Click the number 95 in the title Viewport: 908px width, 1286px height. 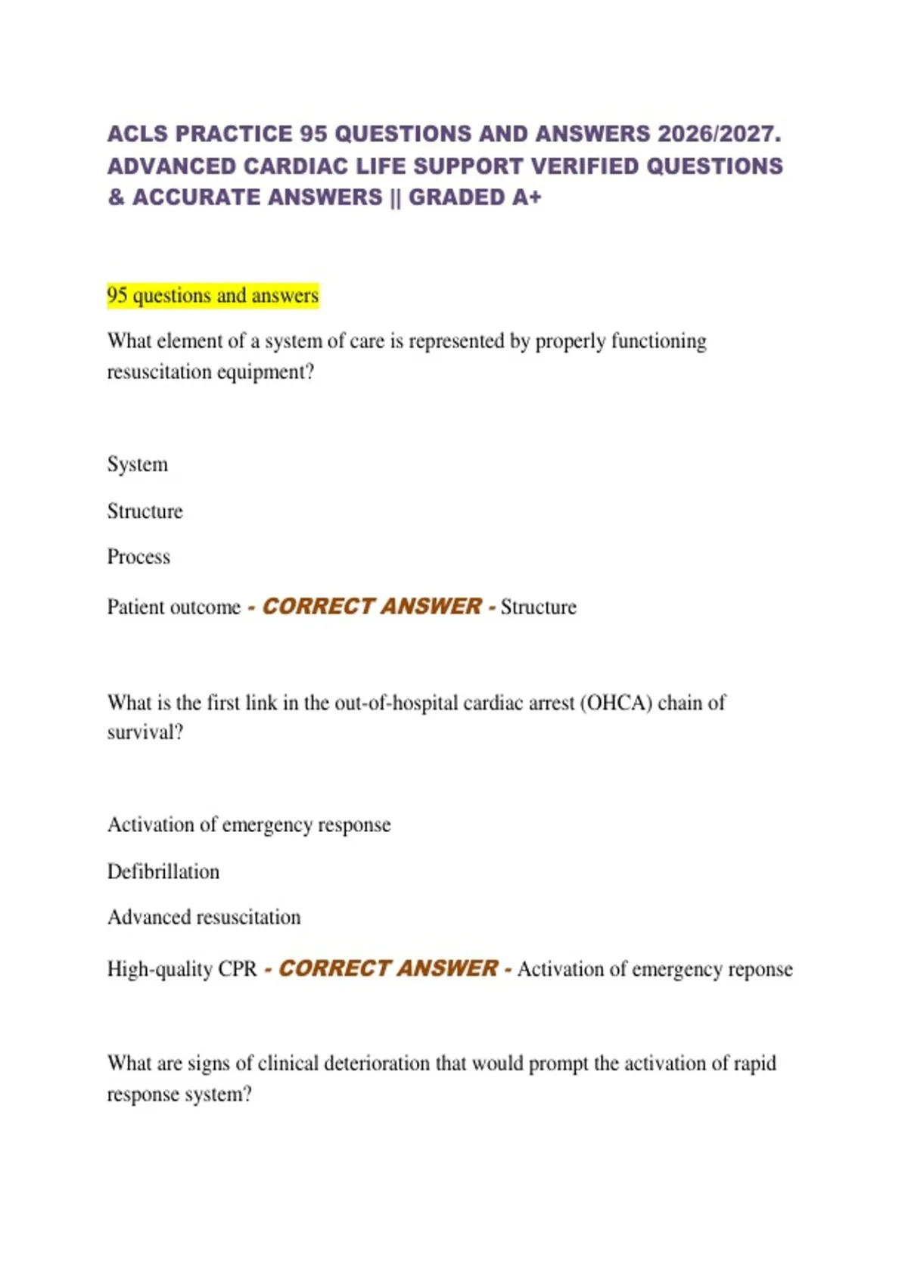[313, 134]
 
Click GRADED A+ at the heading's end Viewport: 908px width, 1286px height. [475, 197]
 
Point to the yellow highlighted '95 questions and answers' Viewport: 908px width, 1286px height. [213, 295]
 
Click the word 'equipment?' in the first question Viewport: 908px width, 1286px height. [265, 372]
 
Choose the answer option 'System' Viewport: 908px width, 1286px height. [138, 464]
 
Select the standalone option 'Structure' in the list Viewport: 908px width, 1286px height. [145, 511]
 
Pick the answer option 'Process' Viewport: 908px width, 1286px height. [138, 558]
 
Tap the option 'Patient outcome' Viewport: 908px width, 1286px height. [173, 607]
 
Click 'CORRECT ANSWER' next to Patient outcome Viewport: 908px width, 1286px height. [372, 607]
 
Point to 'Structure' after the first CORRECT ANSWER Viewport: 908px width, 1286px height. [538, 607]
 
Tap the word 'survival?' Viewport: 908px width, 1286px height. [145, 733]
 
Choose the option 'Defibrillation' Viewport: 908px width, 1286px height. [163, 872]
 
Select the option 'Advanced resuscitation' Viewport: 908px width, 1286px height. [204, 918]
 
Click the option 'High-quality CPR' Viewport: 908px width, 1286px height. [182, 969]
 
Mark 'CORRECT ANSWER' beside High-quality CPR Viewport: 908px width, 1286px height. [388, 968]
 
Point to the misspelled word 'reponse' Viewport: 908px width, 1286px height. [760, 970]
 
